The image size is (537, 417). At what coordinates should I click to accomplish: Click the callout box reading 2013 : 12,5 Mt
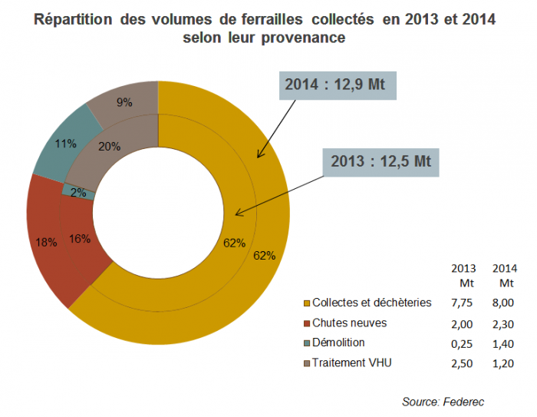pyautogui.click(x=381, y=161)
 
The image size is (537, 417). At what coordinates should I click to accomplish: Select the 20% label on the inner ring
pyautogui.click(x=110, y=147)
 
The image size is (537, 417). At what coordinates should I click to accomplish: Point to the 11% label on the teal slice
pyautogui.click(x=65, y=143)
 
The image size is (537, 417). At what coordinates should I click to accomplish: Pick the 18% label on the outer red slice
pyautogui.click(x=46, y=243)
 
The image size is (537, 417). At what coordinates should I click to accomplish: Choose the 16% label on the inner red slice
pyautogui.click(x=80, y=239)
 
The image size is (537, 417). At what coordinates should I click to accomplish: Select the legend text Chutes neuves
pyautogui.click(x=349, y=323)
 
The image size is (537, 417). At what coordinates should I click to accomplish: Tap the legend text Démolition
pyautogui.click(x=338, y=343)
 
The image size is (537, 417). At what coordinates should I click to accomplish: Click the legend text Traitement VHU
pyautogui.click(x=351, y=362)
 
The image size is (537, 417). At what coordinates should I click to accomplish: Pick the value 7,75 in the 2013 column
pyautogui.click(x=465, y=303)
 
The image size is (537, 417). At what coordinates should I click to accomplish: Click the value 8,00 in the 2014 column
pyautogui.click(x=504, y=303)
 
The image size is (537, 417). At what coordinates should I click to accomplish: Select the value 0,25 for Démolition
pyautogui.click(x=465, y=343)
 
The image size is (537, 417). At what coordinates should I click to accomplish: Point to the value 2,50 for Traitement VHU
pyautogui.click(x=465, y=363)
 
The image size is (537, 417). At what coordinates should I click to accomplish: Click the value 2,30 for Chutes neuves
pyautogui.click(x=504, y=323)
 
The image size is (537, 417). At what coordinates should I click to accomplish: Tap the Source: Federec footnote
pyautogui.click(x=443, y=401)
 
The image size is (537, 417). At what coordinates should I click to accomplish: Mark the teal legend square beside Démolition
pyautogui.click(x=306, y=343)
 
